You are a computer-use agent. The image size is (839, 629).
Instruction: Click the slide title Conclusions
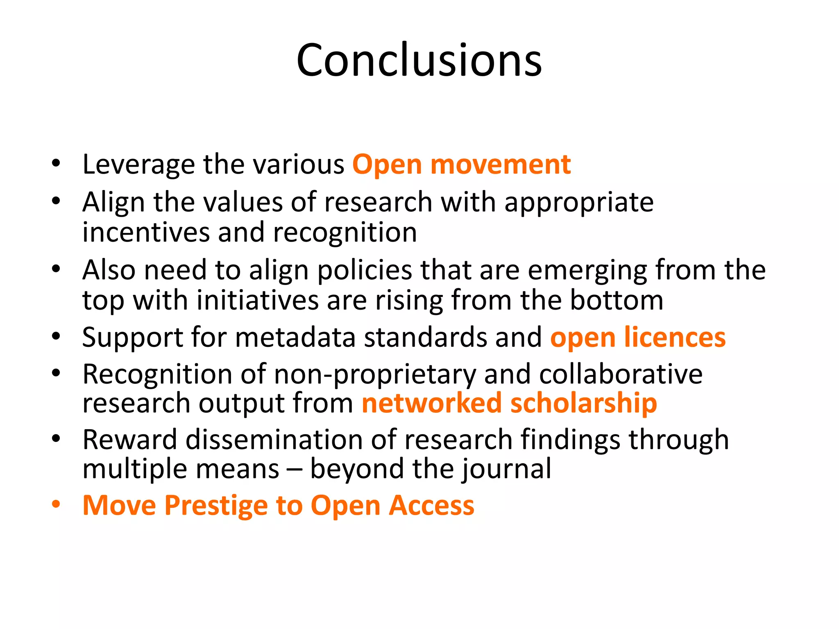pos(419,60)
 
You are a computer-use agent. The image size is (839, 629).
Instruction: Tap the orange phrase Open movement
pos(461,165)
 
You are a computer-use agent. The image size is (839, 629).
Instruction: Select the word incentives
pos(145,233)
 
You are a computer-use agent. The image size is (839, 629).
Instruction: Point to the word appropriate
pos(578,203)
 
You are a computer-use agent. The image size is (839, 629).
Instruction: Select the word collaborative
pos(620,375)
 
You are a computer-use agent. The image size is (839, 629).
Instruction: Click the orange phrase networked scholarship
pos(509,403)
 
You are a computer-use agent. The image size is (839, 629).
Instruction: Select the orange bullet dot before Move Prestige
pos(56,505)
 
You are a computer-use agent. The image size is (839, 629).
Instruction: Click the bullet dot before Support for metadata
pos(56,337)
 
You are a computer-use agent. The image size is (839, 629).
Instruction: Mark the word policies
pos(364,271)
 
